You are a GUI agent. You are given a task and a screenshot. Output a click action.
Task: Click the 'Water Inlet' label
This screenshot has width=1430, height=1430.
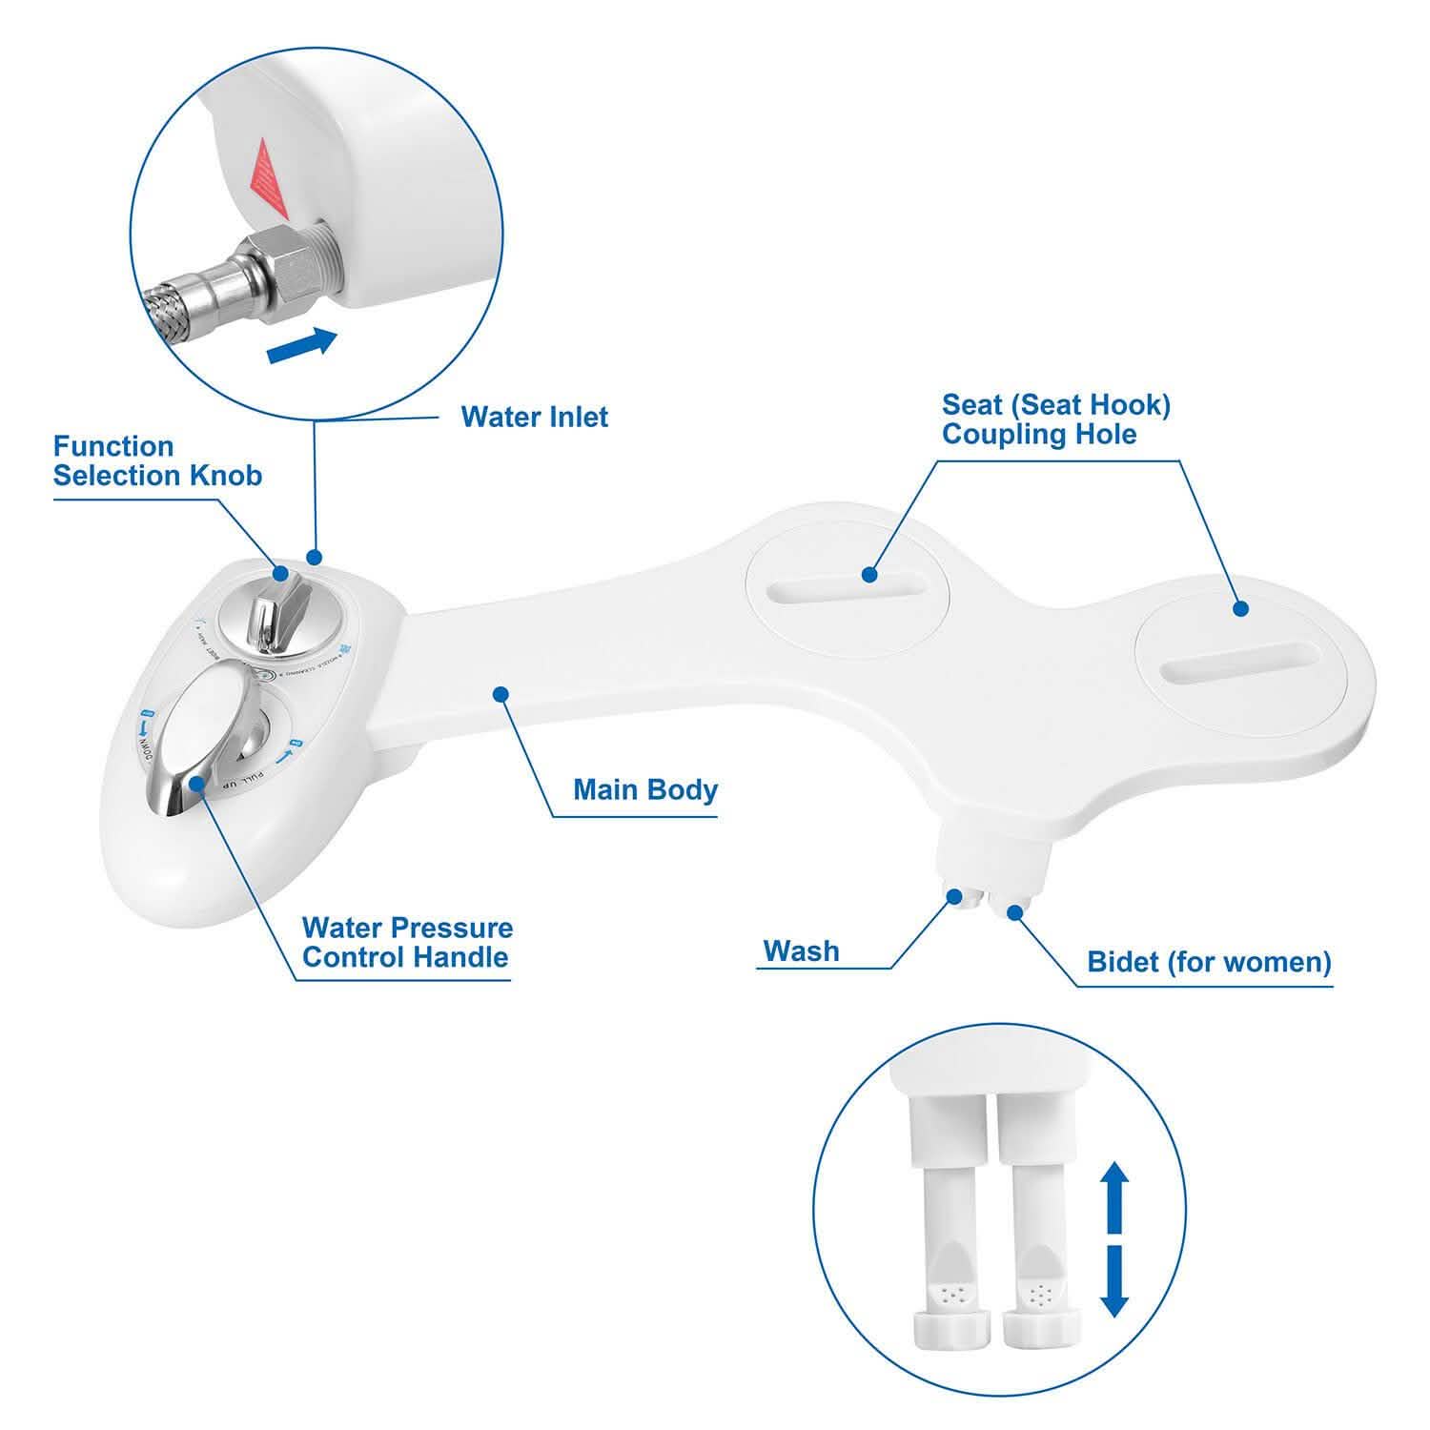click(x=534, y=418)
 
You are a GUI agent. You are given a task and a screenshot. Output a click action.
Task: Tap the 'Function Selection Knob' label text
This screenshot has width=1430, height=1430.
click(x=157, y=460)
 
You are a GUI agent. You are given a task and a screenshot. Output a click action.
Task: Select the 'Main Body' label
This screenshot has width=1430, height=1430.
click(x=644, y=789)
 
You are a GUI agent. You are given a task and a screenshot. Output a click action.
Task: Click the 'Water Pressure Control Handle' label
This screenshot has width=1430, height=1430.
click(x=407, y=942)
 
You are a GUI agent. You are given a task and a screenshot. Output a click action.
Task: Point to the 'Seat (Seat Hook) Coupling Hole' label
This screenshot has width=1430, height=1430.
click(x=1055, y=419)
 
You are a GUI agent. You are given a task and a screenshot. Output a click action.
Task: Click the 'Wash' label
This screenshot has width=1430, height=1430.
click(x=801, y=950)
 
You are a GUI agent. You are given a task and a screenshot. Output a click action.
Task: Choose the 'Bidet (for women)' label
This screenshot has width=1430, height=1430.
click(x=1209, y=961)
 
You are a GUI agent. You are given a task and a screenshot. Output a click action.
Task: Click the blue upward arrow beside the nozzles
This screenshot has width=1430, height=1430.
click(x=1114, y=1197)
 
